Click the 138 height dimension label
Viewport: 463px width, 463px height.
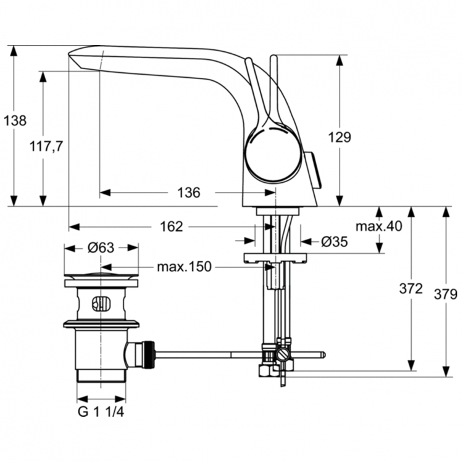[15, 121]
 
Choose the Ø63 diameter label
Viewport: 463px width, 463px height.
[101, 248]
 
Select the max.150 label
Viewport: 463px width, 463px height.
[183, 267]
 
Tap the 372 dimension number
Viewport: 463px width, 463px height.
[411, 288]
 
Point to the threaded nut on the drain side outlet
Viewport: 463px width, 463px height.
[147, 355]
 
